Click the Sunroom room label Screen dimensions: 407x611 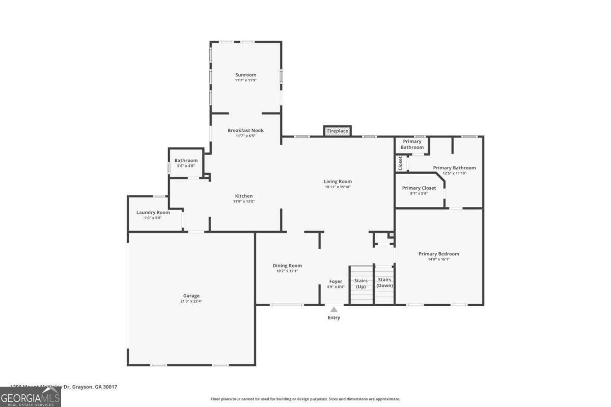point(245,75)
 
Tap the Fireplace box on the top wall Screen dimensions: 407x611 point(338,131)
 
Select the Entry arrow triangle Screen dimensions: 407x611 point(334,309)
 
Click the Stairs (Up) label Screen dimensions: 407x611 point(361,283)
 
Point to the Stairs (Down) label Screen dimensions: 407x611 point(384,282)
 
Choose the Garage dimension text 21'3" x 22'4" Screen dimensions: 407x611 point(191,301)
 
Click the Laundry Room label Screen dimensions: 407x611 point(153,212)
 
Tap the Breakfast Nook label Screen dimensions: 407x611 point(245,130)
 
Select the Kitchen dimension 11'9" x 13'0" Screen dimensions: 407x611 point(243,201)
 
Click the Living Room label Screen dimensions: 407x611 point(338,181)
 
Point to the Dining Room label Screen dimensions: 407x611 point(287,265)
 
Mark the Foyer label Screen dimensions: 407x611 point(336,281)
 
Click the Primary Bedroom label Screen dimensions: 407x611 point(438,254)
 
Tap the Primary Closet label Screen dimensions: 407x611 point(419,188)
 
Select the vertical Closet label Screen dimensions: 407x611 point(400,163)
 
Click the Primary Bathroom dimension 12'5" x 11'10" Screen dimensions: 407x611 point(454,173)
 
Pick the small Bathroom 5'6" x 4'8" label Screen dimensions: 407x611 point(186,160)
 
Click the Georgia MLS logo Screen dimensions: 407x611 point(31,397)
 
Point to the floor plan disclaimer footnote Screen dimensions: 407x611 point(305,399)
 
